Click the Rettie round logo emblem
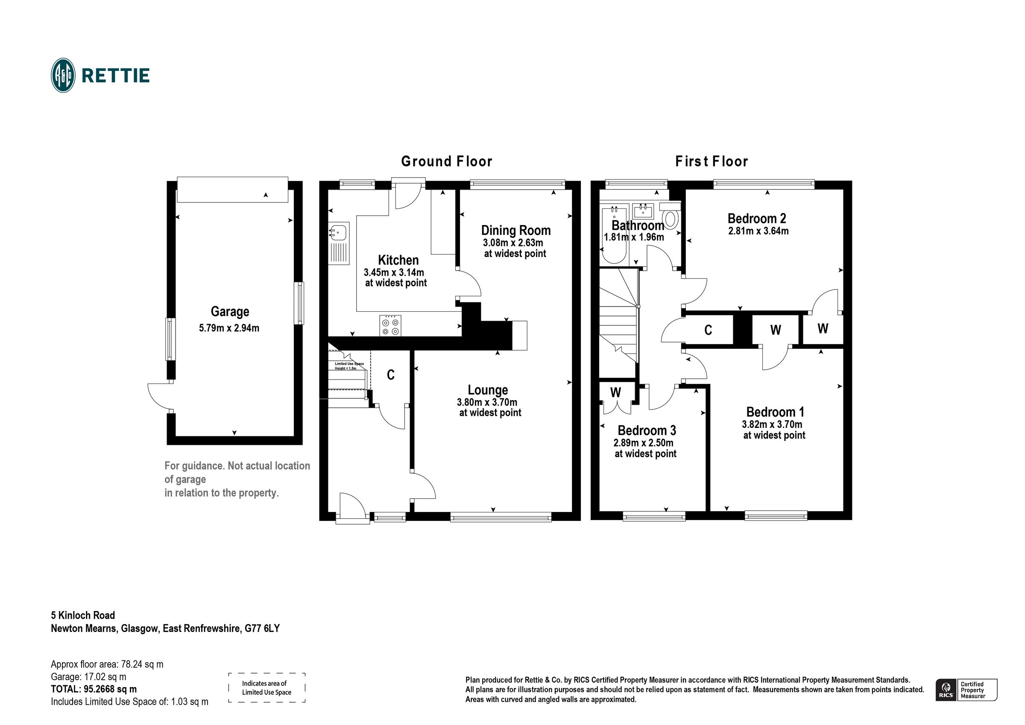pyautogui.click(x=63, y=76)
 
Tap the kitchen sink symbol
pyautogui.click(x=338, y=233)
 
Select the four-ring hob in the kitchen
pyautogui.click(x=390, y=325)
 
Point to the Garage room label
pyautogui.click(x=230, y=312)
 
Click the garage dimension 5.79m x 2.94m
pyautogui.click(x=229, y=328)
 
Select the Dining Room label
pyautogui.click(x=515, y=231)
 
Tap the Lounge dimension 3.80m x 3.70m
pyautogui.click(x=487, y=402)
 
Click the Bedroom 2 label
pyautogui.click(x=757, y=218)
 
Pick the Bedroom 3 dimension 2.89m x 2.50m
pyautogui.click(x=643, y=443)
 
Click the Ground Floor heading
pyautogui.click(x=446, y=161)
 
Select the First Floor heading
pyautogui.click(x=711, y=161)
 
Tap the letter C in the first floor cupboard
pyautogui.click(x=708, y=330)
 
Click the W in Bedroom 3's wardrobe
pyautogui.click(x=615, y=392)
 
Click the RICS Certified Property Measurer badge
pyautogui.click(x=966, y=690)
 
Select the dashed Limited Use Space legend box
pyautogui.click(x=266, y=688)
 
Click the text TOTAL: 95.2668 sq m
pyautogui.click(x=94, y=689)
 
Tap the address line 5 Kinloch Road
pyautogui.click(x=83, y=616)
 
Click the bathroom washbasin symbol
pyautogui.click(x=643, y=210)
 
